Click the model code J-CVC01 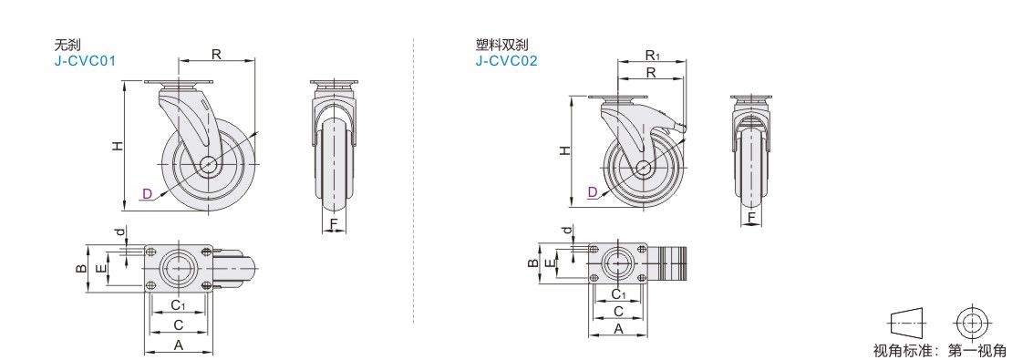[x=85, y=61]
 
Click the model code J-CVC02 [x=507, y=61]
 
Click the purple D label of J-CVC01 [x=147, y=193]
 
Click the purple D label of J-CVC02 [x=593, y=191]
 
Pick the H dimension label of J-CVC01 [x=117, y=146]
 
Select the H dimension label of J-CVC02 [x=564, y=151]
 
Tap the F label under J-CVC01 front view [x=334, y=224]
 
